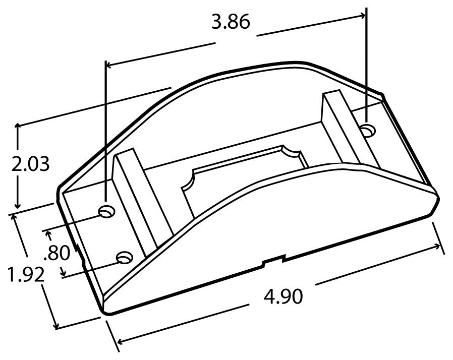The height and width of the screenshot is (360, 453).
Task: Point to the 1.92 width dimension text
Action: pos(26,275)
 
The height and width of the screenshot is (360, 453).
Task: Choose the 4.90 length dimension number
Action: pos(283,297)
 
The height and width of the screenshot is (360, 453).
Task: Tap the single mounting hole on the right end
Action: pos(368,131)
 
